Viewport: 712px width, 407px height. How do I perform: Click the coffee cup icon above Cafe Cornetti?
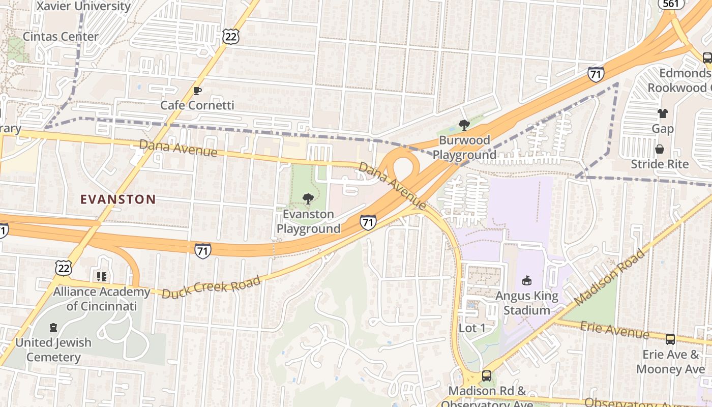click(x=197, y=91)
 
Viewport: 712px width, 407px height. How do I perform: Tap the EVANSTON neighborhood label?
click(x=118, y=199)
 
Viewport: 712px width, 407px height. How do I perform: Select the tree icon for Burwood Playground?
click(x=464, y=125)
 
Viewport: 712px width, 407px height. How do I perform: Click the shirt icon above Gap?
click(x=662, y=113)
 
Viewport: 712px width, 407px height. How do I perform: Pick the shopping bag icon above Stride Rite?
click(x=660, y=149)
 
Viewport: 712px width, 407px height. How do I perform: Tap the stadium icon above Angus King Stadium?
click(x=527, y=280)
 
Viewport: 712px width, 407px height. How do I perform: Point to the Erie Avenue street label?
click(x=615, y=330)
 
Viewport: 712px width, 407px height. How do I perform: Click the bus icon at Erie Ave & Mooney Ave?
click(x=670, y=339)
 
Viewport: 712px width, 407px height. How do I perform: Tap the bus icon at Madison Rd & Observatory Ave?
click(x=487, y=376)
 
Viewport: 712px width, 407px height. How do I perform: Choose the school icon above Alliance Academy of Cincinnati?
click(x=102, y=277)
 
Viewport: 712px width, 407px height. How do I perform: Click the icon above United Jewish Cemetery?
click(x=53, y=327)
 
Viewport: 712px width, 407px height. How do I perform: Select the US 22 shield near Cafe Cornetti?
click(x=230, y=36)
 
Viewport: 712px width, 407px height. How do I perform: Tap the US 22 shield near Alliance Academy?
click(x=64, y=267)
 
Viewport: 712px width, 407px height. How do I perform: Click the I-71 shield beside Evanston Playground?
click(x=368, y=222)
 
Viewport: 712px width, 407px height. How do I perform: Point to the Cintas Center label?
click(x=61, y=37)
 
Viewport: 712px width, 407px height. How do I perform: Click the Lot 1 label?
click(x=472, y=328)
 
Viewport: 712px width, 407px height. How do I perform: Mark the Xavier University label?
click(x=84, y=6)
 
